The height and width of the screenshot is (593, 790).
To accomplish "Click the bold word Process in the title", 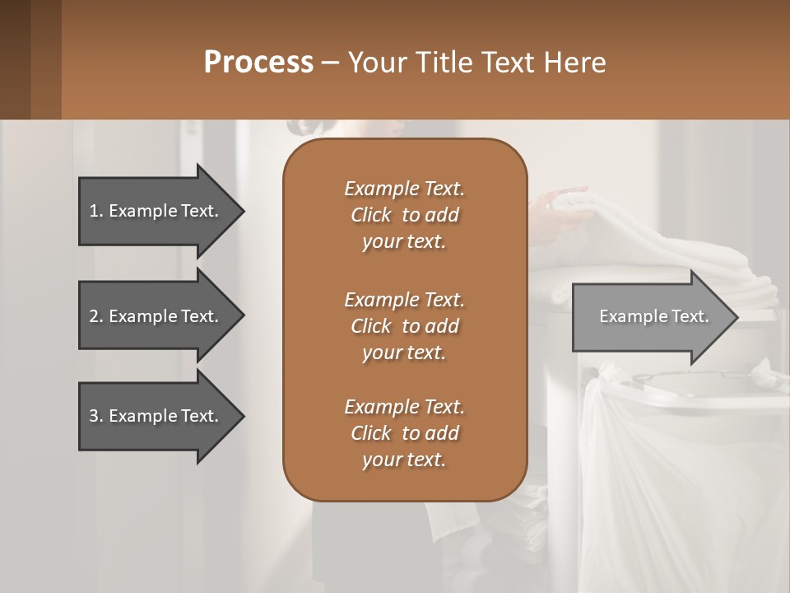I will [x=258, y=63].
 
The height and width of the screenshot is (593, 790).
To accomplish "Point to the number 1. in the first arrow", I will [x=96, y=211].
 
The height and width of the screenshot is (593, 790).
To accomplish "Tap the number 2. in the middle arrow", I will [x=96, y=316].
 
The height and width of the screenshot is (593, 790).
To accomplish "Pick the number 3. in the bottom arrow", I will [x=96, y=416].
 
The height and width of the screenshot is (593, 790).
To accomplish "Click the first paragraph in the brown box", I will [x=404, y=214].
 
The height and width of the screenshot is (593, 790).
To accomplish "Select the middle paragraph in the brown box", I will [x=404, y=325].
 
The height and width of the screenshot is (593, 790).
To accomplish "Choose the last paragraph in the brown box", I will [x=404, y=432].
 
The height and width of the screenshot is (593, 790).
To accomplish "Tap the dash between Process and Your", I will [x=331, y=63].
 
